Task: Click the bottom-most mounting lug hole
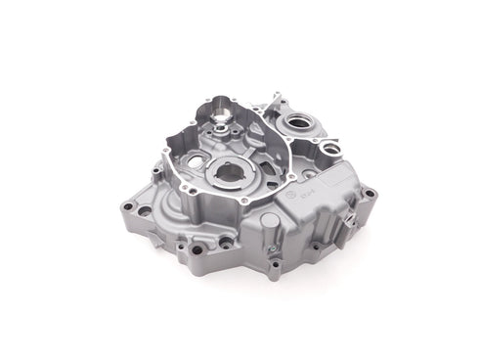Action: click(x=276, y=264)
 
